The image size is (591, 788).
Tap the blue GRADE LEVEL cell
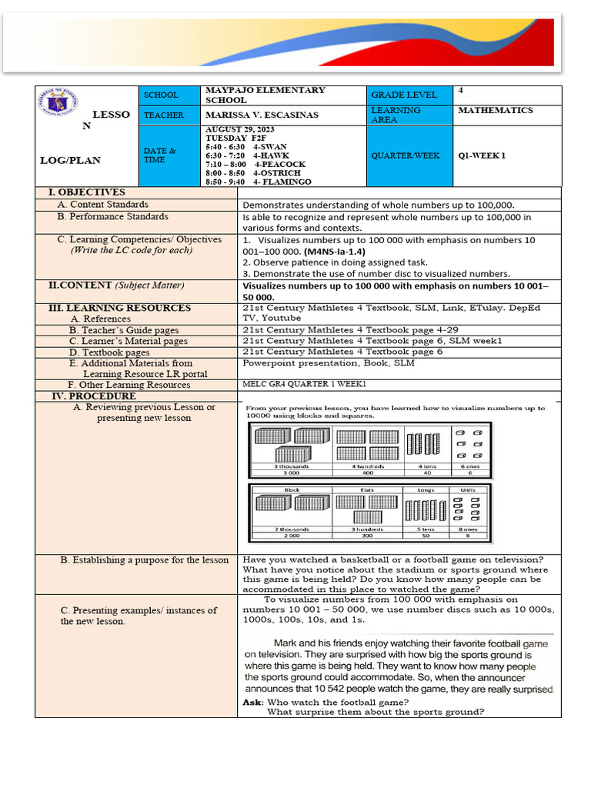coord(404,95)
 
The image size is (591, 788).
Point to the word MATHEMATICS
coord(495,110)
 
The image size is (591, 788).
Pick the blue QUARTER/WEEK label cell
coord(406,155)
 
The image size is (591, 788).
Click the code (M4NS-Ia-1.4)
coord(335,252)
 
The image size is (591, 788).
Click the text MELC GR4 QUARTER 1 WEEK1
coord(304,385)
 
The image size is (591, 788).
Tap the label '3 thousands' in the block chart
coord(292,466)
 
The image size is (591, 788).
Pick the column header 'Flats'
coord(367,489)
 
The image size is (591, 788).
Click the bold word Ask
coord(252,702)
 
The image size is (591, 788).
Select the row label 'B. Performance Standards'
coord(113,217)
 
